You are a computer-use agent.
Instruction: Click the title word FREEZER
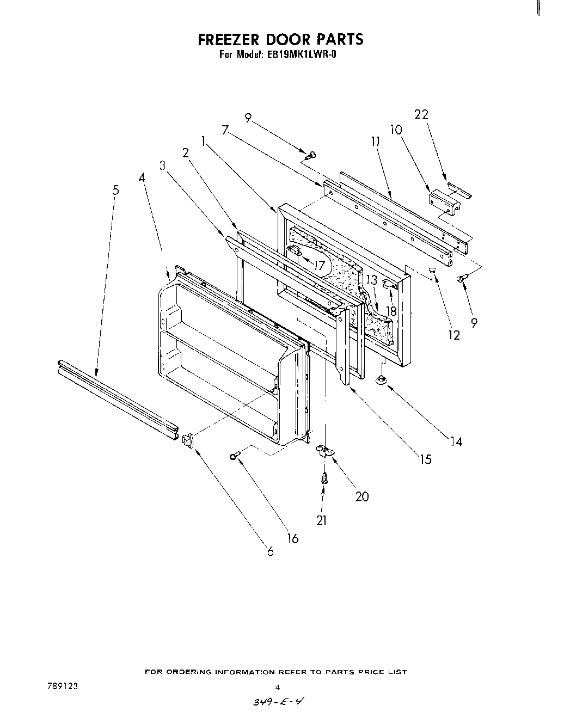(x=228, y=40)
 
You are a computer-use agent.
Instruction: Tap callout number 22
(x=421, y=115)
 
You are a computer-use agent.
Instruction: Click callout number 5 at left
(x=115, y=190)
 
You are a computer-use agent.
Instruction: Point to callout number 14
(x=456, y=441)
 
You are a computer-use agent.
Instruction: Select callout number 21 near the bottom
(x=321, y=520)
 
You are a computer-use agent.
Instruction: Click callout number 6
(x=270, y=551)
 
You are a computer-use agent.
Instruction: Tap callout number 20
(x=361, y=496)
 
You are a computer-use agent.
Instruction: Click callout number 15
(x=425, y=459)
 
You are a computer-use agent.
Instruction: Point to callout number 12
(x=453, y=335)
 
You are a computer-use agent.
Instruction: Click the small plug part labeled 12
(x=433, y=270)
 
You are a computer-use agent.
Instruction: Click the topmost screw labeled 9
(x=310, y=156)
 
